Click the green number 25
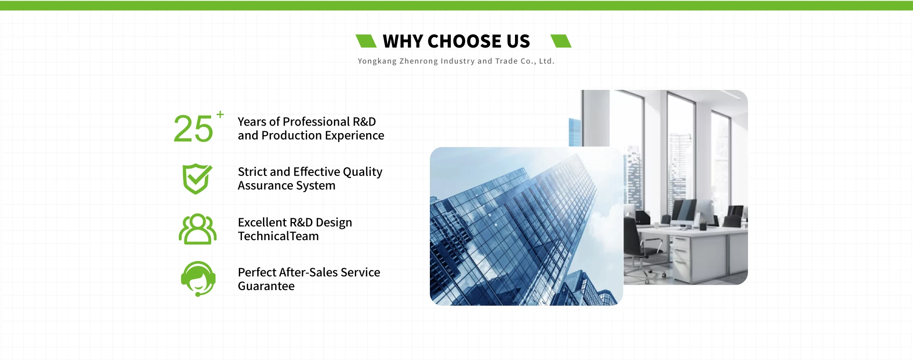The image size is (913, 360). (x=193, y=129)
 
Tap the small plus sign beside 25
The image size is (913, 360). (x=220, y=114)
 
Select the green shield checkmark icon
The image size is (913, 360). (x=197, y=179)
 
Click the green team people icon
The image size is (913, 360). (x=198, y=229)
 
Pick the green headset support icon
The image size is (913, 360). (x=198, y=279)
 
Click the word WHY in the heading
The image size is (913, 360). (x=403, y=41)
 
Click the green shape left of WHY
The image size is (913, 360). (x=366, y=41)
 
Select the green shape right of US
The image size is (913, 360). (x=561, y=41)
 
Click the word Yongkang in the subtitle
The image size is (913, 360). (x=377, y=61)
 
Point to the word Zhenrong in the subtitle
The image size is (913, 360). (x=418, y=61)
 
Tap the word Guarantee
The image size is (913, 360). (x=266, y=286)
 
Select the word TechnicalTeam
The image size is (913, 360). (x=278, y=236)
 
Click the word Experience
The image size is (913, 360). (x=354, y=136)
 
